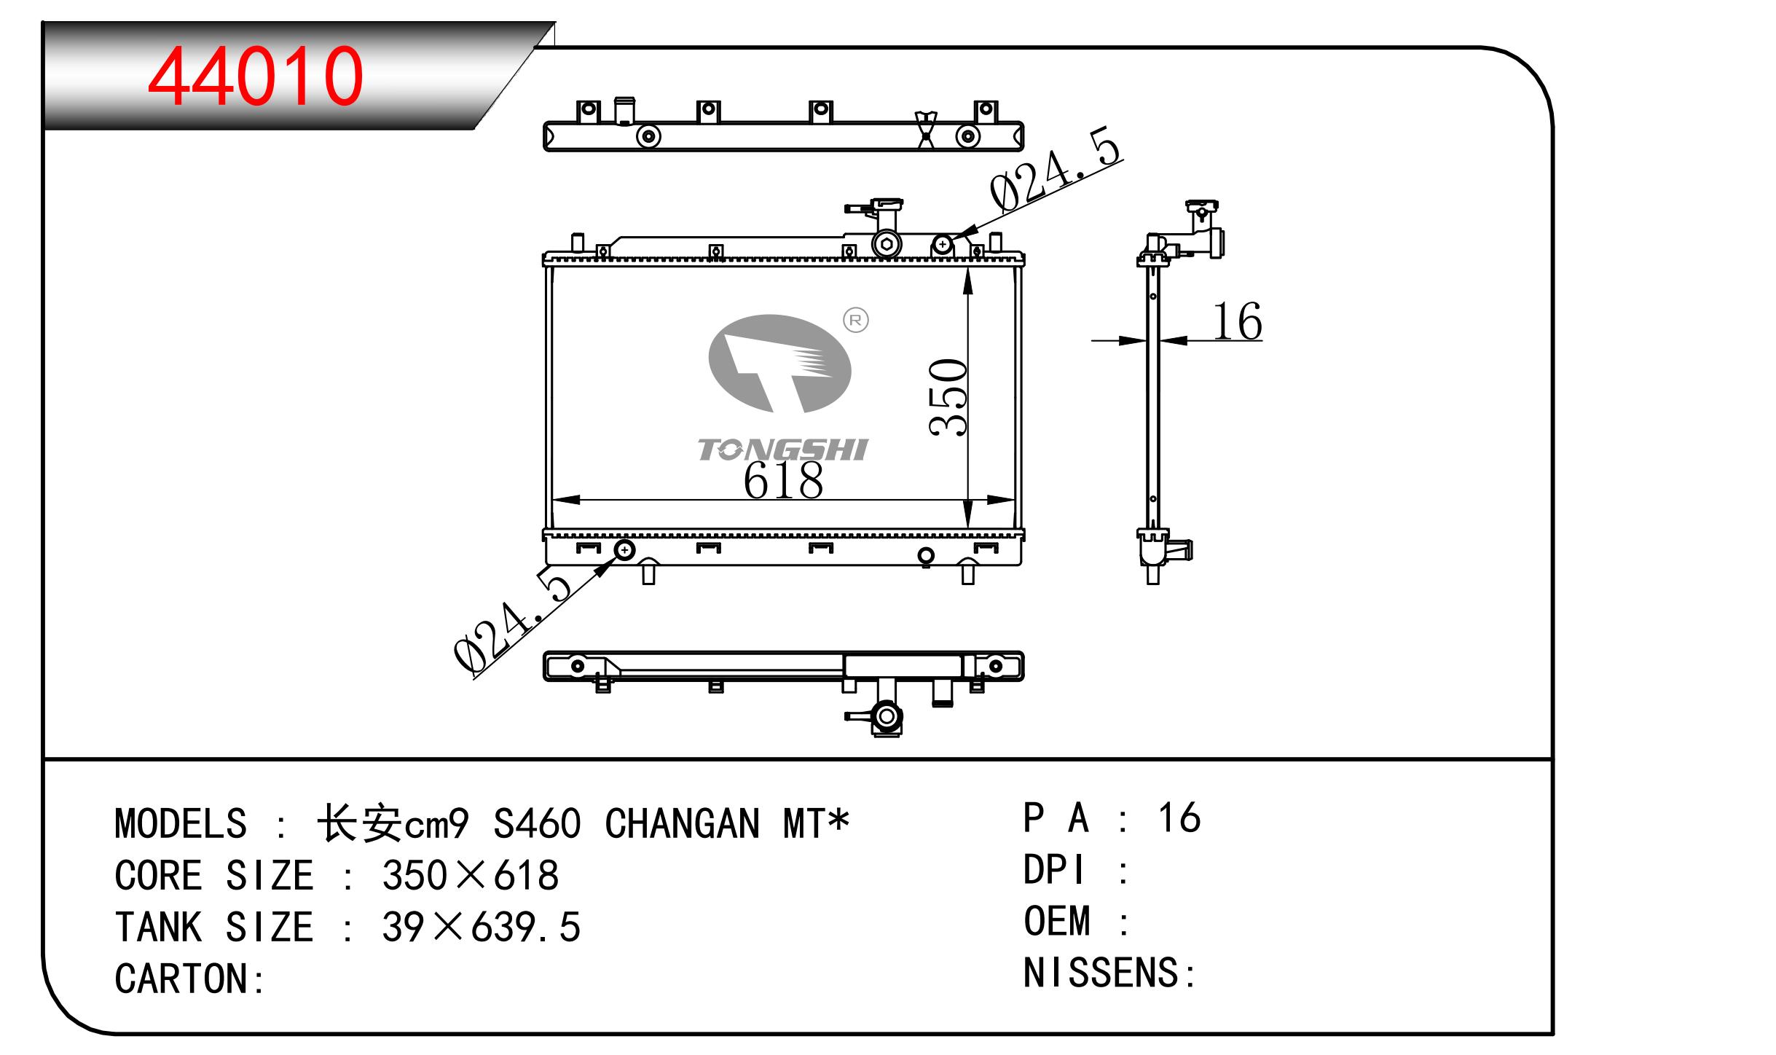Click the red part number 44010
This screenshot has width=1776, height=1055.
click(x=255, y=76)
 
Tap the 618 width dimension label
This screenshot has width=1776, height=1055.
click(x=783, y=481)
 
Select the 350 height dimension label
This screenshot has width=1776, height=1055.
click(x=948, y=397)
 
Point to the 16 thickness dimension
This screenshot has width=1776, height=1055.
click(x=1237, y=321)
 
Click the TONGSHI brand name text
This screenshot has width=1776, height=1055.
click(x=783, y=450)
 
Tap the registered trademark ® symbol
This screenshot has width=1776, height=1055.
click(x=856, y=320)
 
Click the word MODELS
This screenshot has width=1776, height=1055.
click(x=181, y=824)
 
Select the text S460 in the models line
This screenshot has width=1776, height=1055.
click(x=537, y=824)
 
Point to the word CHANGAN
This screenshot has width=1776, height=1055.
click(x=682, y=824)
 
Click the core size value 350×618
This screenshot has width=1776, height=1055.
click(x=471, y=875)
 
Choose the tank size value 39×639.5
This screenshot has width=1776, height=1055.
click(x=481, y=927)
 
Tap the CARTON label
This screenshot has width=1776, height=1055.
click(x=190, y=978)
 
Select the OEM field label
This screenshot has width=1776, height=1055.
click(x=1057, y=921)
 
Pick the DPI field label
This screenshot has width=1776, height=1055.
click(x=1054, y=869)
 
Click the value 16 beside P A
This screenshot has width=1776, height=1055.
click(x=1179, y=817)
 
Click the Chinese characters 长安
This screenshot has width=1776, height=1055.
click(x=360, y=824)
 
